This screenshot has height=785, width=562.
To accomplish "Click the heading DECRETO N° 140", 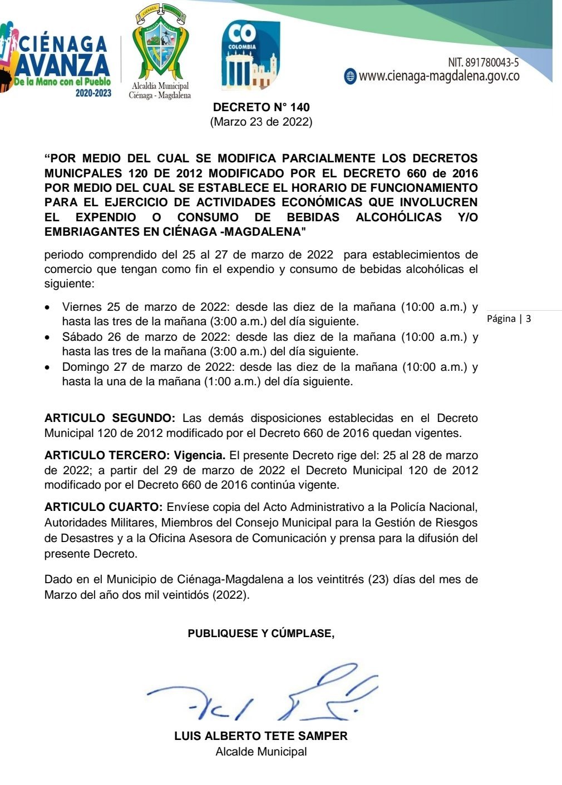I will [261, 107].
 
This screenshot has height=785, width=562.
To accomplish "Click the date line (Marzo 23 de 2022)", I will [261, 122].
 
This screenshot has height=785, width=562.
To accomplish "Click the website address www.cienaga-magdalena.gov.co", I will [439, 76].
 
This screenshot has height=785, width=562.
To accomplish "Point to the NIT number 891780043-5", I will [483, 62].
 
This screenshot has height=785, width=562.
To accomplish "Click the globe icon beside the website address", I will [350, 77].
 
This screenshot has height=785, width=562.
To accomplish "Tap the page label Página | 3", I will [509, 319].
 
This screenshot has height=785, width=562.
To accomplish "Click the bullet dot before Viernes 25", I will [50, 307].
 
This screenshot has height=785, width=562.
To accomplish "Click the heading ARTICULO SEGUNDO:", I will [110, 418].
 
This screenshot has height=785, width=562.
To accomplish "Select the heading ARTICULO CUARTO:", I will [103, 507].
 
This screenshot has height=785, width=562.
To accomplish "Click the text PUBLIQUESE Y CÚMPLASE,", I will [261, 633].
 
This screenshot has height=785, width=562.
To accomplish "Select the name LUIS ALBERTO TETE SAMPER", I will [261, 736].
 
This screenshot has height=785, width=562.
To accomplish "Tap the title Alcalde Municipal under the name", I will [261, 752].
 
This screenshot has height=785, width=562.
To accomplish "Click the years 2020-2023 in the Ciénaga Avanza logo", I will [93, 93].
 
